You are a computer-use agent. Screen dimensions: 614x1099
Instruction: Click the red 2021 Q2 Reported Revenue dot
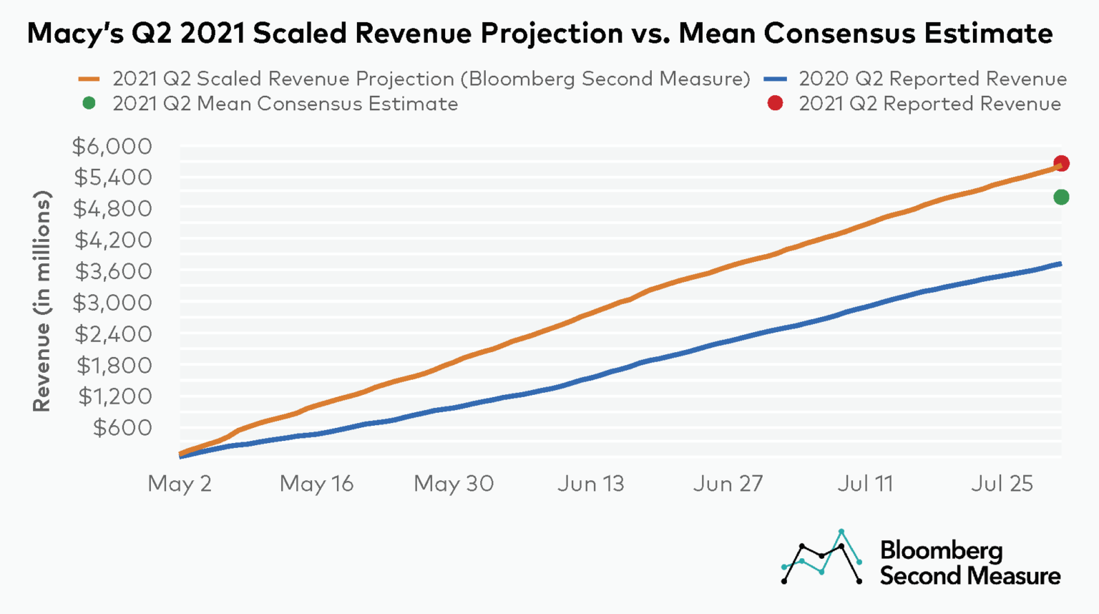(1061, 164)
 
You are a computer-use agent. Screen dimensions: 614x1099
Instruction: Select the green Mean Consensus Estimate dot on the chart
(1061, 197)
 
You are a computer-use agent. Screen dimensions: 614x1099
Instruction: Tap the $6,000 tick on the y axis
(112, 147)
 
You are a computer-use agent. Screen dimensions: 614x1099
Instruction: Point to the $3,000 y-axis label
(112, 303)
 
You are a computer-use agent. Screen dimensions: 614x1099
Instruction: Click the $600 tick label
(122, 427)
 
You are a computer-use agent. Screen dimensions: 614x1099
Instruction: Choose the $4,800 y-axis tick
(112, 209)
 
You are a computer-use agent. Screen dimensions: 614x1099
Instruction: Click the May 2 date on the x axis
(180, 484)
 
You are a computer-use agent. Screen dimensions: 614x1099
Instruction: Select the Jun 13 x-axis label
(591, 484)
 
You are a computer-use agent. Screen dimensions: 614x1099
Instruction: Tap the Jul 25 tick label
(1002, 484)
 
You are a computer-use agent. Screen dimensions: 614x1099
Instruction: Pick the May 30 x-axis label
(454, 484)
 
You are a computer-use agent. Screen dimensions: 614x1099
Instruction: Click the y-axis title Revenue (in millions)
(41, 301)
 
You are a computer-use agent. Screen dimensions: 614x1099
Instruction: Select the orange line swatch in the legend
(89, 79)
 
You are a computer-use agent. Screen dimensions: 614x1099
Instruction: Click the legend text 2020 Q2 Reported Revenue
(932, 79)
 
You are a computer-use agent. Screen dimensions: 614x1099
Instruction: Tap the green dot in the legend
(89, 104)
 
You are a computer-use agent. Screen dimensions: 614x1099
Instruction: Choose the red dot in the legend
(775, 104)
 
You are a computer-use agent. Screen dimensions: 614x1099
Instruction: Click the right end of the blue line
(1060, 264)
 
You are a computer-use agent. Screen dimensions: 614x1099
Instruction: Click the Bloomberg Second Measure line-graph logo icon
(822, 557)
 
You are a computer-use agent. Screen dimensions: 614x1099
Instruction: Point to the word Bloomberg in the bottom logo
(941, 550)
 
